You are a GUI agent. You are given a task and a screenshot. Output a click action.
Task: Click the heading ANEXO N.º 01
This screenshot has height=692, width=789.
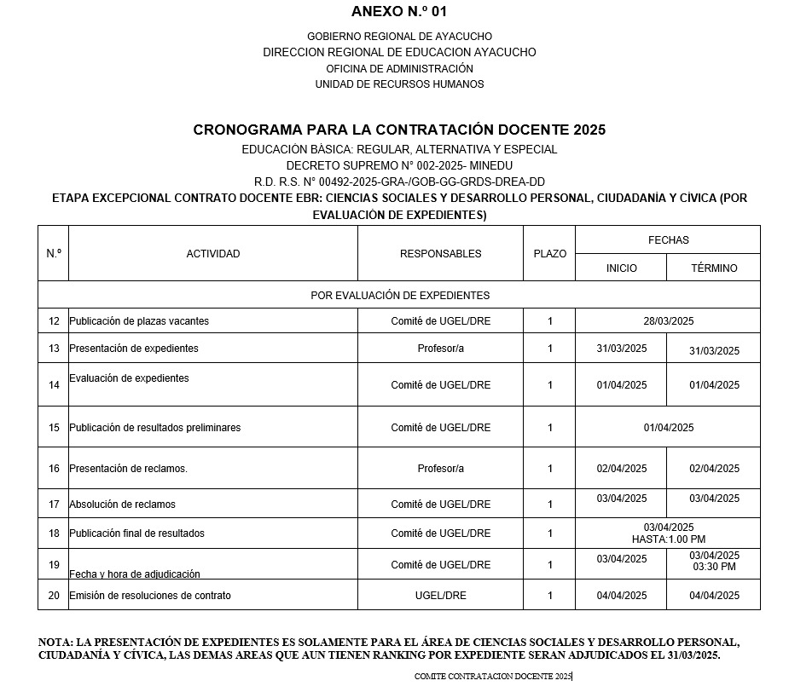click(398, 12)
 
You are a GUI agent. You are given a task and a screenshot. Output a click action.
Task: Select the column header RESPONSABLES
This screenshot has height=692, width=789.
click(440, 254)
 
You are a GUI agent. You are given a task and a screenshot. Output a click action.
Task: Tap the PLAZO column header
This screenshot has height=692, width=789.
click(549, 254)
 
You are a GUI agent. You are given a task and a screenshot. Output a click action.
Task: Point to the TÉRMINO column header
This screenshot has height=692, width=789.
click(714, 268)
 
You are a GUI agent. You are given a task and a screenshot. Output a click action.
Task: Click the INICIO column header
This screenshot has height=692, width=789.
click(621, 268)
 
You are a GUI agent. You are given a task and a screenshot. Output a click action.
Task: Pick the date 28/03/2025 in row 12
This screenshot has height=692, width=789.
click(669, 321)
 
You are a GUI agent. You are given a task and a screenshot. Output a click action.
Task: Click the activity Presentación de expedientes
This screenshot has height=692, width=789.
click(134, 349)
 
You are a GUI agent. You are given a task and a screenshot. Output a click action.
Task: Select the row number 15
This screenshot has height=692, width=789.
click(54, 428)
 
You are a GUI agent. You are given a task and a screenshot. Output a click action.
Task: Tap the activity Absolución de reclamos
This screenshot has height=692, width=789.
click(123, 505)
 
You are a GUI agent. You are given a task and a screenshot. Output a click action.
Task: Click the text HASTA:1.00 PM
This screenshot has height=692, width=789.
click(669, 539)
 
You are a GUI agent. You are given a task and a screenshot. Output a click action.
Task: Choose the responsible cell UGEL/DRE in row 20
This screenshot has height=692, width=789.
click(440, 596)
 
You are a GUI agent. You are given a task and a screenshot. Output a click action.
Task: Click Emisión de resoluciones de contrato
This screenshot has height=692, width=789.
click(150, 596)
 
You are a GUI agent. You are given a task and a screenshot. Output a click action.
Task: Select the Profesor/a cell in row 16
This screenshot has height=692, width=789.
click(440, 469)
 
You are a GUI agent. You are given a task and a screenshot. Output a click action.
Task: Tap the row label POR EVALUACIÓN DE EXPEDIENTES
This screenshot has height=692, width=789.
click(400, 296)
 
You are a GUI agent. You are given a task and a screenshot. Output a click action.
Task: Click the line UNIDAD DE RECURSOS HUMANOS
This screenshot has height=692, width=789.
click(399, 84)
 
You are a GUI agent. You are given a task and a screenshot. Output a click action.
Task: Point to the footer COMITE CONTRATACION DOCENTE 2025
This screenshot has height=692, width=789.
click(493, 676)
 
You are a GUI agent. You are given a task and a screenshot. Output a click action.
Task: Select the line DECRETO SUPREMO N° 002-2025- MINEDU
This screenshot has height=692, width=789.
click(399, 165)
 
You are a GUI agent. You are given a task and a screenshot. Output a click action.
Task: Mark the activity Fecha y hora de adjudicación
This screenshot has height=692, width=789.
click(135, 574)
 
